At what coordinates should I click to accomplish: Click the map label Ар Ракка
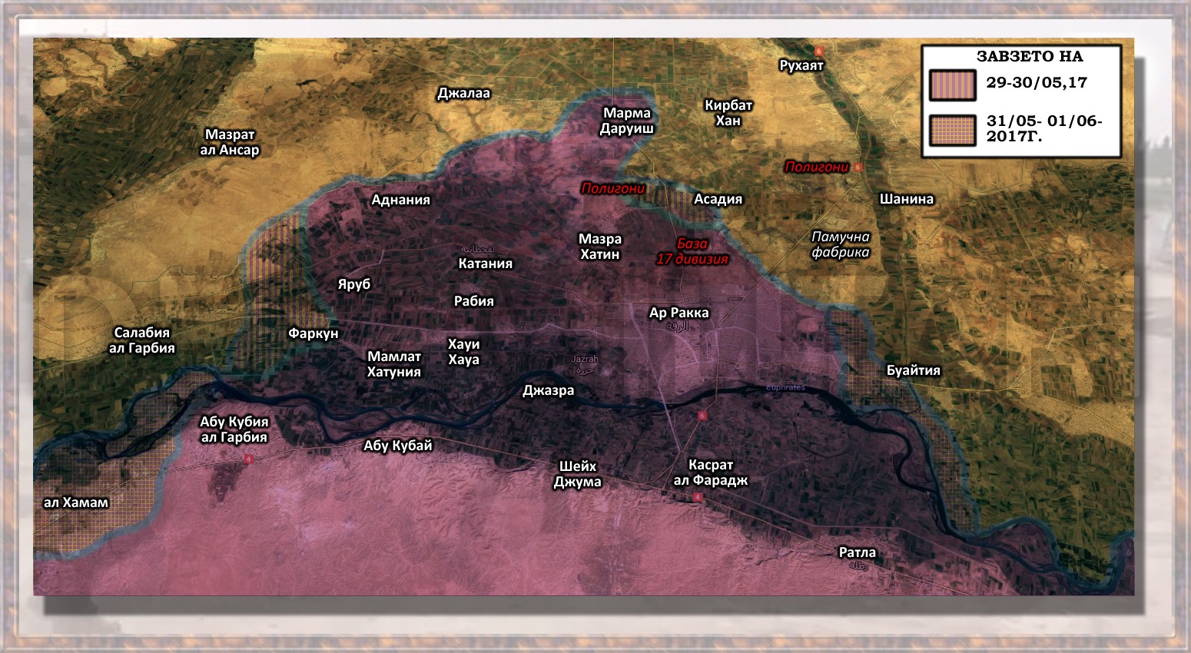[x=678, y=313]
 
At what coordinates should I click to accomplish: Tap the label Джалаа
[x=463, y=94]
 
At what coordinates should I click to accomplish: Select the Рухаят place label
[x=801, y=65]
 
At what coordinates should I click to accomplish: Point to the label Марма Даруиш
[x=626, y=121]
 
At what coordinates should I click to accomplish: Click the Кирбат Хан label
[x=728, y=113]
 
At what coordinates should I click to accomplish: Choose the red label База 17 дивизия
[x=692, y=251]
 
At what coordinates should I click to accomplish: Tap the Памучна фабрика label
[x=841, y=244]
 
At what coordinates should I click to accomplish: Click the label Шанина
[x=906, y=199]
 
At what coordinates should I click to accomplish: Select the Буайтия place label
[x=913, y=370]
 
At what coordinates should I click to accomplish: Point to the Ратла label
[x=857, y=552]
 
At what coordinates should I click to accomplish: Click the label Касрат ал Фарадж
[x=710, y=472]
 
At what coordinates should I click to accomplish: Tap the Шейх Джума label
[x=577, y=474]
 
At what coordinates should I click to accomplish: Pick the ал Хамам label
[x=75, y=502]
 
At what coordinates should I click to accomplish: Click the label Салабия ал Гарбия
[x=142, y=340]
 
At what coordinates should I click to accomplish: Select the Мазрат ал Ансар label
[x=230, y=142]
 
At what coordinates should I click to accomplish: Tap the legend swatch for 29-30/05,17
[x=952, y=85]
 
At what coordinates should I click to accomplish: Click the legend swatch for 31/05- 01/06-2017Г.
[x=952, y=130]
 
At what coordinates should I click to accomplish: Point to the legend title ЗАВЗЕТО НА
[x=1029, y=56]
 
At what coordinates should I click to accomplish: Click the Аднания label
[x=400, y=200]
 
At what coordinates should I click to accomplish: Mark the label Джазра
[x=548, y=390]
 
